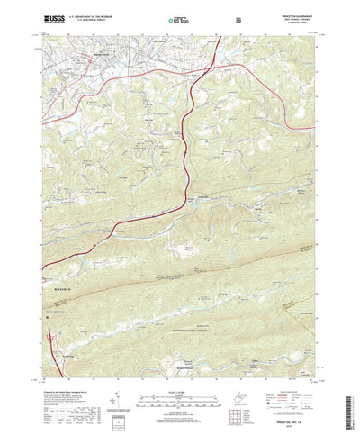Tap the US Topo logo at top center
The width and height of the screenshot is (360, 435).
[x=180, y=18]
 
